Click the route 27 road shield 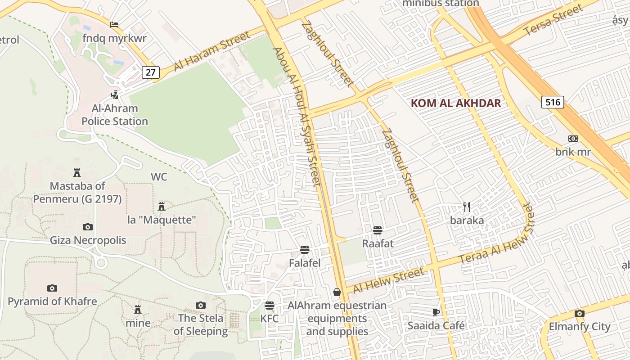[151, 72]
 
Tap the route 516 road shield [553, 102]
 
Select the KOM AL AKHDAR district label [455, 103]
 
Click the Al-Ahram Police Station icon [115, 95]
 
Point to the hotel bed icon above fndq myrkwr [114, 24]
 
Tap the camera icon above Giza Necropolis [88, 227]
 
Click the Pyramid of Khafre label [52, 301]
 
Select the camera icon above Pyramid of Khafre [52, 288]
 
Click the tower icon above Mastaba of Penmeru [77, 172]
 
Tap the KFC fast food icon [270, 306]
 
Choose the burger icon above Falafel [305, 250]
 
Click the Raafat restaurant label [378, 243]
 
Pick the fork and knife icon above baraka [467, 207]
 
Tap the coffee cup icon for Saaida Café [436, 312]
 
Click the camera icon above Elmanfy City [579, 313]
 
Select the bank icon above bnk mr [573, 139]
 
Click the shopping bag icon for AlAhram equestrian [337, 292]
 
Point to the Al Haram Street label [211, 51]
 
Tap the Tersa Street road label [553, 20]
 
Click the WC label [159, 177]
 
